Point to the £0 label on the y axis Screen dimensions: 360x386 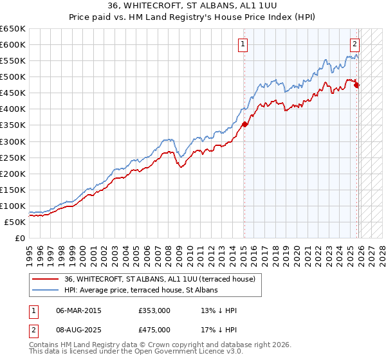20,238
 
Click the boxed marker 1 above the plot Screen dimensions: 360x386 243,44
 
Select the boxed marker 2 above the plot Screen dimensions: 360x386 354,44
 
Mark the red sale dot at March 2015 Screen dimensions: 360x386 244,124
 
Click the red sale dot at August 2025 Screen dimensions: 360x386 356,85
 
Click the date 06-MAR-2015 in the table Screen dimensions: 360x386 79,310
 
